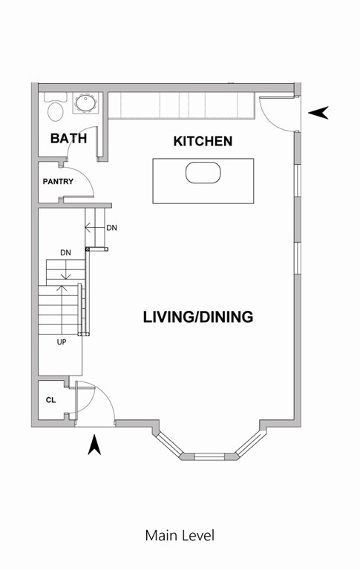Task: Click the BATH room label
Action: pos(68,138)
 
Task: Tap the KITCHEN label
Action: pos(203,141)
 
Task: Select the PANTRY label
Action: pos(58,181)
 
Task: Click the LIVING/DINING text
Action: pos(198,317)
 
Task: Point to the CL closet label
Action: pos(50,401)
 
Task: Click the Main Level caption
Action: pos(180,535)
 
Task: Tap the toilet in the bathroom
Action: pos(55,109)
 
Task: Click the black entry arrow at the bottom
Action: pos(94,445)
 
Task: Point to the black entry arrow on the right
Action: pos(318,113)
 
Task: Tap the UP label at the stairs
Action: pos(63,342)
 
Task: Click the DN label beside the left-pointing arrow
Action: pos(111,228)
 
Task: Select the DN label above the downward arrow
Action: pos(65,252)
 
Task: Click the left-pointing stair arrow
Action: pos(92,227)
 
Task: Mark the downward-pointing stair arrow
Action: pos(65,271)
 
